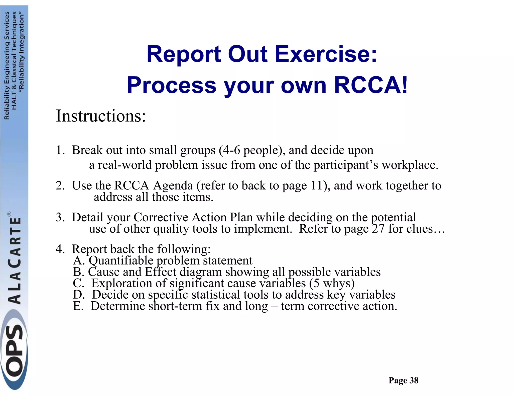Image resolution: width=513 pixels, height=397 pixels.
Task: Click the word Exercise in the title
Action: coord(326,54)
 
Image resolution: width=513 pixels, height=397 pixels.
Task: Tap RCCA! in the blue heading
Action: coord(371,85)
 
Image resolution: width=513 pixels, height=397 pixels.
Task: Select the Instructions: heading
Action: coord(101,116)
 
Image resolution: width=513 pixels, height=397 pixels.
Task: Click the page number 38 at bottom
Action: coord(414,380)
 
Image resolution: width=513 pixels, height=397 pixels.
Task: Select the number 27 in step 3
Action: coord(378,229)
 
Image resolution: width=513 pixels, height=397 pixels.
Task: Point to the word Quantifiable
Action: coord(121,260)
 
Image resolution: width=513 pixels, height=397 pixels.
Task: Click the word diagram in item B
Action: coord(201,272)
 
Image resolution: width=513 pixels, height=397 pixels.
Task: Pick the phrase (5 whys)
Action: coord(332,283)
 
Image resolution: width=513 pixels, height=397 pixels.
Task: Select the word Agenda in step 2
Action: coord(173,186)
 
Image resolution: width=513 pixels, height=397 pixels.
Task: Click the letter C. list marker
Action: coord(78,283)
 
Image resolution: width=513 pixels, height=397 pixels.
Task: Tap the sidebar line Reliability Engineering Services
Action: coord(7,65)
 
